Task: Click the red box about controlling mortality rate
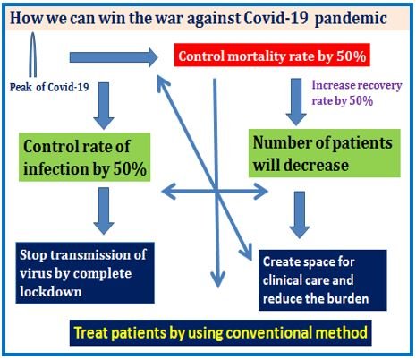272,55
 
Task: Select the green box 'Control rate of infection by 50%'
84,157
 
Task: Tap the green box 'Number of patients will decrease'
325,153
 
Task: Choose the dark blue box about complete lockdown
85,273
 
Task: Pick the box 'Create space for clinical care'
323,280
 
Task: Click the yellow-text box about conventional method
221,333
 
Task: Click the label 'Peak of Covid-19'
49,87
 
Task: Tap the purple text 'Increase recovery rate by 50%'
357,93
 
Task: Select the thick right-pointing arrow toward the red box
114,57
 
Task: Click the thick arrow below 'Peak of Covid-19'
104,106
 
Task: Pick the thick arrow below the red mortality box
296,102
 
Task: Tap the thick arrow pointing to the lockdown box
104,210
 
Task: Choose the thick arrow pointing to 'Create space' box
300,215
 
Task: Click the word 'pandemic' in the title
351,19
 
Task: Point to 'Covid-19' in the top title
276,18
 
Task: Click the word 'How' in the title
27,18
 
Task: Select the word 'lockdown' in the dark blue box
51,292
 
